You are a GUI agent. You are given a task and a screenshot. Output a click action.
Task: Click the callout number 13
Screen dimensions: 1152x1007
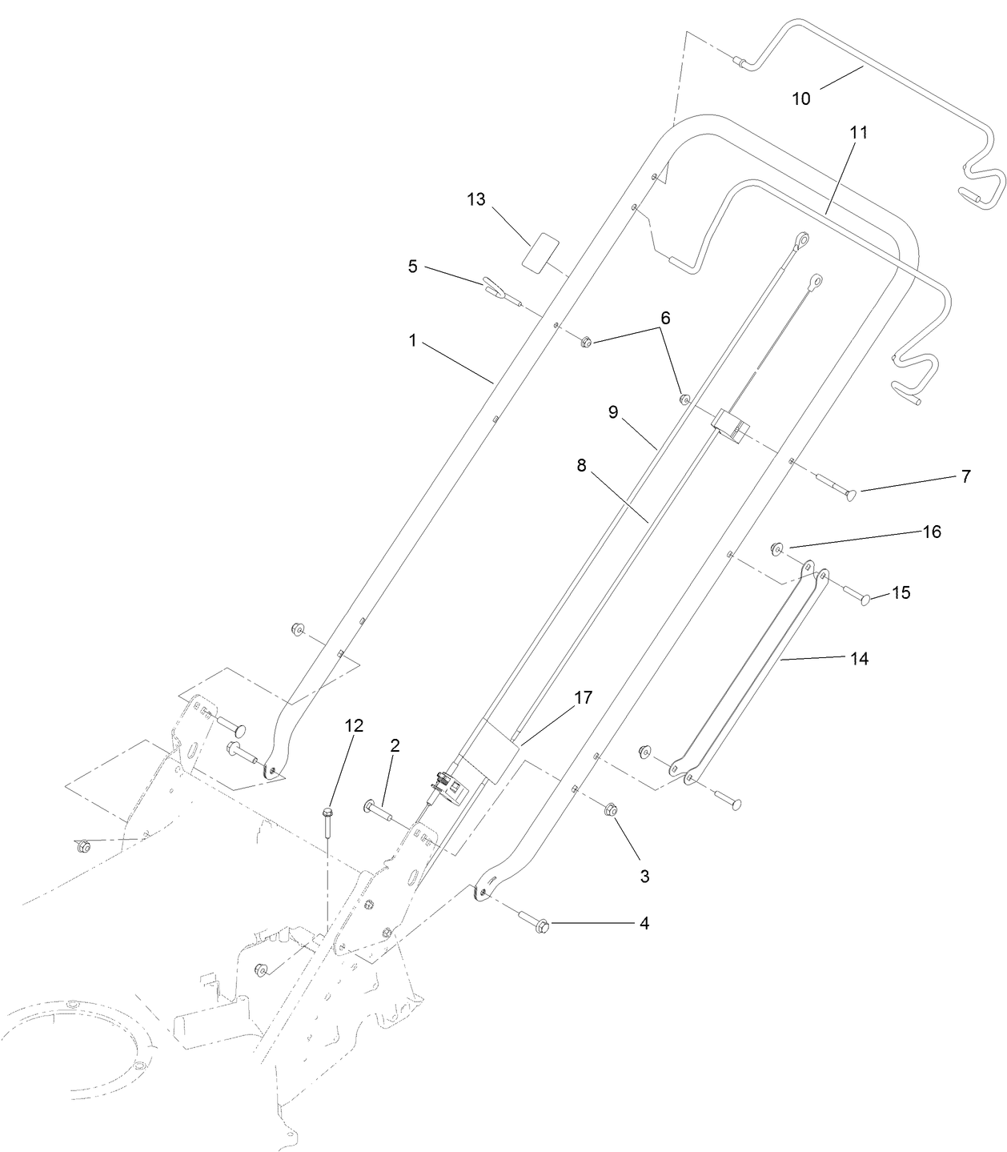pos(476,199)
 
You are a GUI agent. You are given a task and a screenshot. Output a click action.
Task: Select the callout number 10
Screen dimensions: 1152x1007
pos(801,98)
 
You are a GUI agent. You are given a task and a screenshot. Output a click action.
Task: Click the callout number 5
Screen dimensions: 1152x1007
pos(413,267)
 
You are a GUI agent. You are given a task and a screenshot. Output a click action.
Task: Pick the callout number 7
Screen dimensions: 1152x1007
pos(966,476)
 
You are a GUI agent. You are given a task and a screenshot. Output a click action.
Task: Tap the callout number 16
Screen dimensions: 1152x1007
pos(933,532)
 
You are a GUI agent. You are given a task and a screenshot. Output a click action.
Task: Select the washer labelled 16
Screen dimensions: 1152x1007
pos(776,548)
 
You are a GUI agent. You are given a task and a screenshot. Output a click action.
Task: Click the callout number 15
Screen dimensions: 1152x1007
pos(901,593)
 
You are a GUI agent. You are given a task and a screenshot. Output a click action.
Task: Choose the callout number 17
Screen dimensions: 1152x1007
pos(584,697)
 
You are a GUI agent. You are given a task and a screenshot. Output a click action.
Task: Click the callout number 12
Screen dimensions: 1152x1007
pos(354,725)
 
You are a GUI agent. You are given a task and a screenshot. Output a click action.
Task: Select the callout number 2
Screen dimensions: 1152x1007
pos(395,745)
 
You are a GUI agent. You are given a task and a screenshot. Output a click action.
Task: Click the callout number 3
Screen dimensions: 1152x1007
pos(644,876)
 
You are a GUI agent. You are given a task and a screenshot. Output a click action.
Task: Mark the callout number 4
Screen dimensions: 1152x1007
pos(644,924)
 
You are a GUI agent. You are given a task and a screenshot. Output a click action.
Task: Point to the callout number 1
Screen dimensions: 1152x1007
pos(413,340)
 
